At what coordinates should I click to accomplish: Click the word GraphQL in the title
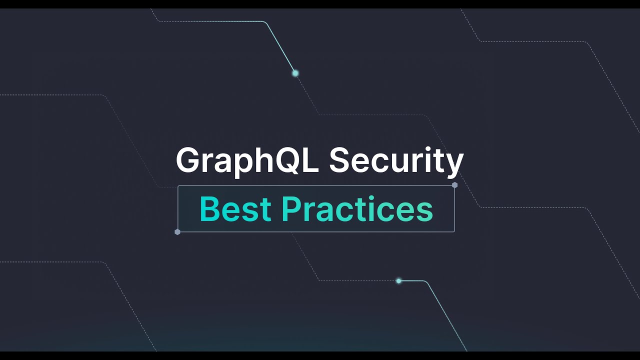(x=247, y=161)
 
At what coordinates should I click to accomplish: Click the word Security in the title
(x=396, y=161)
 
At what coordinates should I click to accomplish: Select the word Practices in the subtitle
(x=356, y=209)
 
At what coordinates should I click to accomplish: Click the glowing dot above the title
(x=295, y=73)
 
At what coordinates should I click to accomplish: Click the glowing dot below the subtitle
(x=398, y=281)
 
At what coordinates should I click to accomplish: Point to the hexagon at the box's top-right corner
(x=454, y=185)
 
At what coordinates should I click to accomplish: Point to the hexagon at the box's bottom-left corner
(x=177, y=232)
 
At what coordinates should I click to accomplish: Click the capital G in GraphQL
(x=188, y=160)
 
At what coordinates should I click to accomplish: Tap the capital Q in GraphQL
(x=291, y=161)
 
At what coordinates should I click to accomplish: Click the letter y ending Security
(x=455, y=165)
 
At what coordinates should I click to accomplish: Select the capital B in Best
(x=209, y=209)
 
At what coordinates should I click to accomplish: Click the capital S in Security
(x=340, y=160)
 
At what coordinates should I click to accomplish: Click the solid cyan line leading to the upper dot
(x=279, y=45)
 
